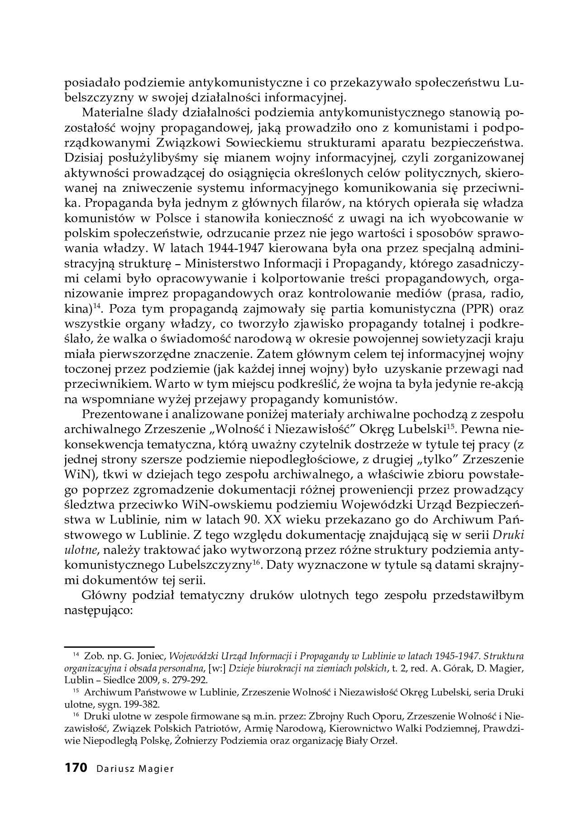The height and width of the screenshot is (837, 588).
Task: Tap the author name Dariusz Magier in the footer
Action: [135, 769]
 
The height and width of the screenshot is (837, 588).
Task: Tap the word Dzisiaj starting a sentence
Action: [84, 158]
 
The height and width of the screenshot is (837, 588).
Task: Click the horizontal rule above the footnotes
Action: [109, 646]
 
